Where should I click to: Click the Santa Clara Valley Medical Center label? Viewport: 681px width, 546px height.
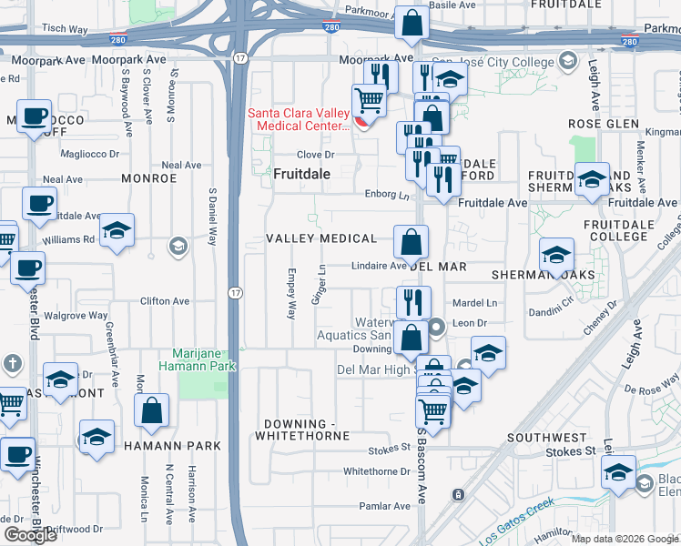coord(299,119)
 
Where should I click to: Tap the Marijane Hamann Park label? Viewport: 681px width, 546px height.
coord(205,359)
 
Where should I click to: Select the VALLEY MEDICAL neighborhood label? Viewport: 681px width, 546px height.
coord(320,238)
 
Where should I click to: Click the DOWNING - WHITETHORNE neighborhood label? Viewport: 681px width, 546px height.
coord(307,430)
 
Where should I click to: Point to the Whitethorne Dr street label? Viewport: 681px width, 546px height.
coord(378,471)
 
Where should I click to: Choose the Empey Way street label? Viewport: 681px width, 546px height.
coord(291,293)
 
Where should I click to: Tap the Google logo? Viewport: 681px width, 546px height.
coord(30,535)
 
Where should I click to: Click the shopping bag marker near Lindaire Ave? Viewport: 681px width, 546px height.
coord(411,242)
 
